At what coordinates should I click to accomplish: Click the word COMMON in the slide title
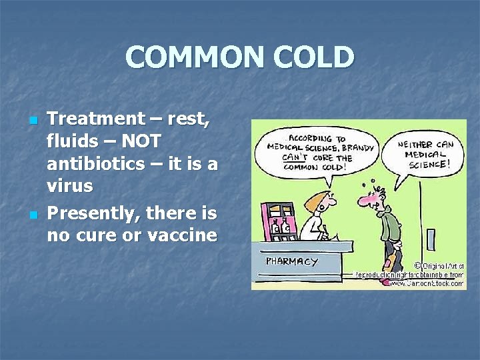(180, 58)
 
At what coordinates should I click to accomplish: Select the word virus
(70, 186)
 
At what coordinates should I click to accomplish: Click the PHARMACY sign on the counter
(292, 261)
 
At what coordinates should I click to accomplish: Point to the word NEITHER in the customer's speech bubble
(415, 145)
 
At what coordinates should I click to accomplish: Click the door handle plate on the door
(431, 239)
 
